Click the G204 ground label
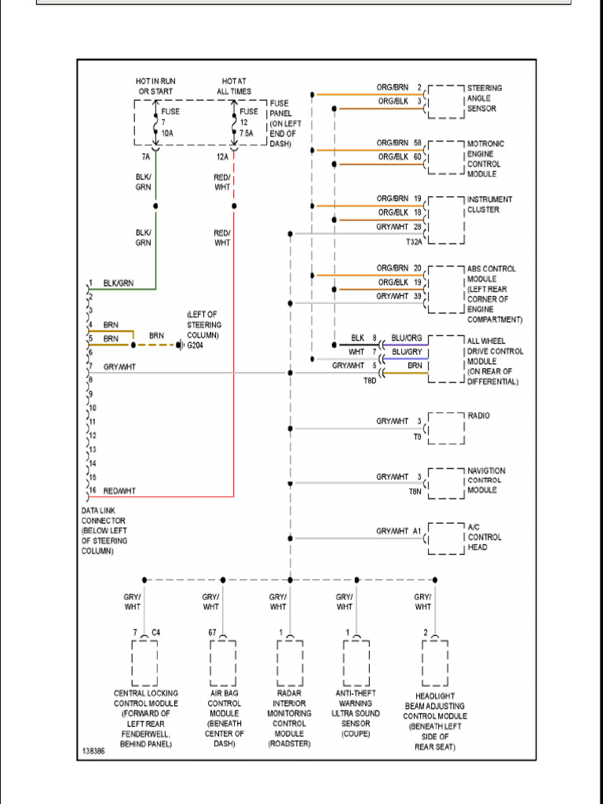pos(195,345)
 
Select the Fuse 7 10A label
pos(170,122)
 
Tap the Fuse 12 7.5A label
pos(249,122)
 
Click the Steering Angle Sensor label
pos(484,98)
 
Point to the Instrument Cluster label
pos(489,204)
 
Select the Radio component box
pos(446,428)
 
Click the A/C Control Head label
pos(484,537)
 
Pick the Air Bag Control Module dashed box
pos(222,663)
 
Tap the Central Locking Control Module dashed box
pos(144,663)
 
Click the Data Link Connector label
pos(104,531)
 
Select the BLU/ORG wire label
pos(407,338)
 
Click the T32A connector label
pos(415,242)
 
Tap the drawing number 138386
pos(93,751)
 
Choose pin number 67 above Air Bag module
pos(212,631)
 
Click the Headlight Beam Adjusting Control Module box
pos(434,663)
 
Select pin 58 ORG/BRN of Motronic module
pos(418,143)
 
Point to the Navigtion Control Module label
pos(486,480)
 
